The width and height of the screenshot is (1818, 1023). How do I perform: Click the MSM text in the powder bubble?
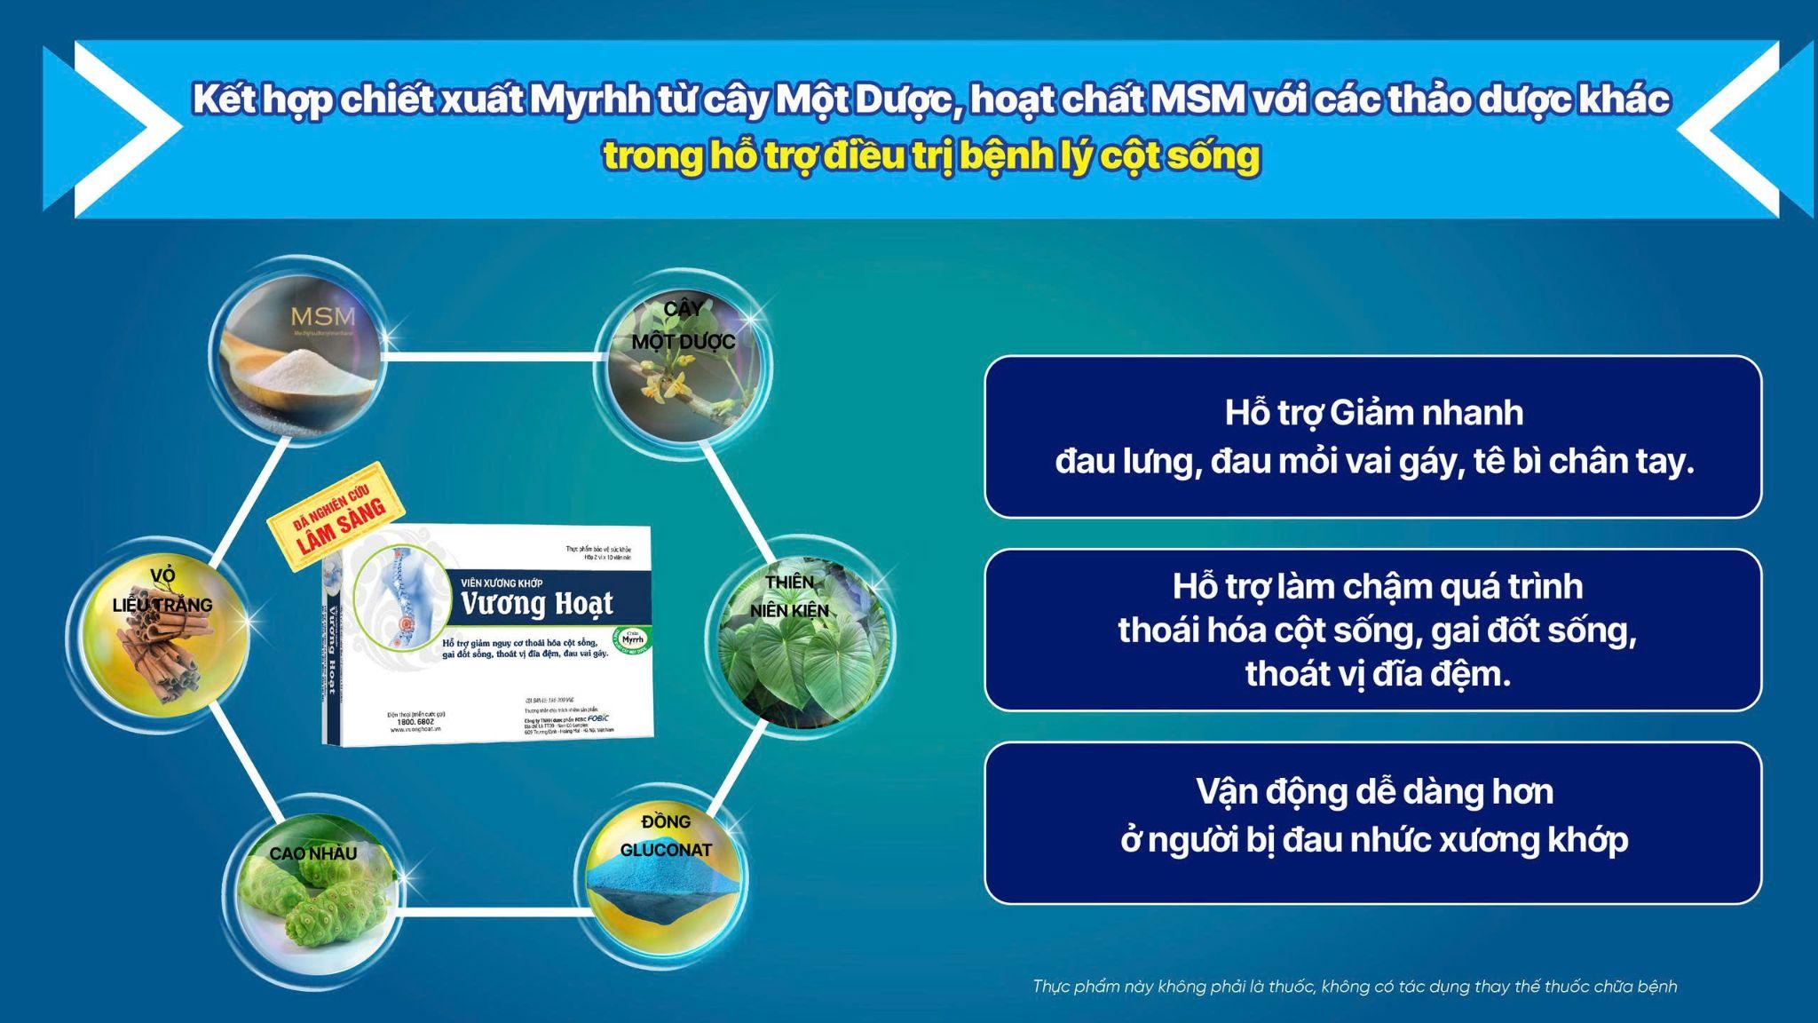click(322, 316)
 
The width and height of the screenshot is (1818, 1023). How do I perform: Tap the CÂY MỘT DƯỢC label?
click(684, 325)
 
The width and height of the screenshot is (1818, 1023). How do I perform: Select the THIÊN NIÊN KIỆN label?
click(789, 596)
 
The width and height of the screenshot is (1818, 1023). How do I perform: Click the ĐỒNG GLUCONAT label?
click(666, 836)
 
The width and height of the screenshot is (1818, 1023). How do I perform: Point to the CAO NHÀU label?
click(312, 853)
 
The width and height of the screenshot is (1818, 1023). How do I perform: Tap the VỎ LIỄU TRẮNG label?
click(162, 591)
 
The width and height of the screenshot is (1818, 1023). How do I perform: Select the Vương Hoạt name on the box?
click(536, 604)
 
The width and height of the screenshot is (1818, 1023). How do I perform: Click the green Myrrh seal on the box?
click(632, 638)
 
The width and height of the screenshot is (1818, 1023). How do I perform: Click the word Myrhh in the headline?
click(589, 100)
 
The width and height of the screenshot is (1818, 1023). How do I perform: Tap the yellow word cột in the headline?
click(1135, 156)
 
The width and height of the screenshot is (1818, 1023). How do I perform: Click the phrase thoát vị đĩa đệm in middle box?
click(1377, 674)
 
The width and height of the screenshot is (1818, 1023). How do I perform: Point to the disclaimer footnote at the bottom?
click(1355, 987)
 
